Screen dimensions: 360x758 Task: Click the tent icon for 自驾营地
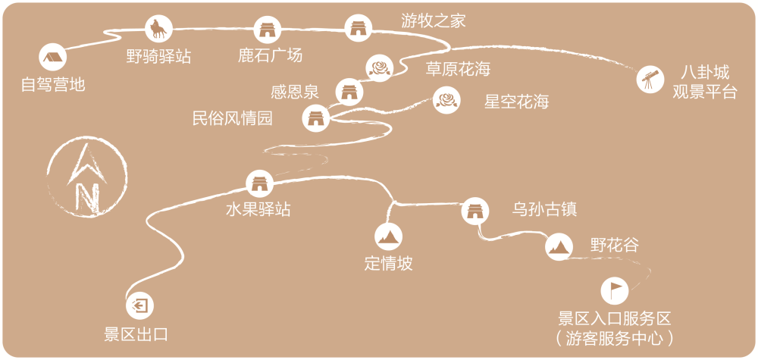point(52,56)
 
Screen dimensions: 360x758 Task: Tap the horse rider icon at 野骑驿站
point(158,29)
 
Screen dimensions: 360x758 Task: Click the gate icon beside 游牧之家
point(357,29)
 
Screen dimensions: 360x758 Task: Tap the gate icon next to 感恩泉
point(348,91)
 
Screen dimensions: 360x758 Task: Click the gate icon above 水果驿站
point(259,182)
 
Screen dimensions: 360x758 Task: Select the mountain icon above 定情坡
point(389,237)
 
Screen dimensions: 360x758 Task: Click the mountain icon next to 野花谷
point(558,246)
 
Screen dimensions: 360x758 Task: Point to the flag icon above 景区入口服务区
point(615,290)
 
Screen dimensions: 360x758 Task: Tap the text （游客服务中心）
point(615,337)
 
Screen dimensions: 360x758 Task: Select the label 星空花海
point(516,102)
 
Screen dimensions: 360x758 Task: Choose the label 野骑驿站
point(158,56)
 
